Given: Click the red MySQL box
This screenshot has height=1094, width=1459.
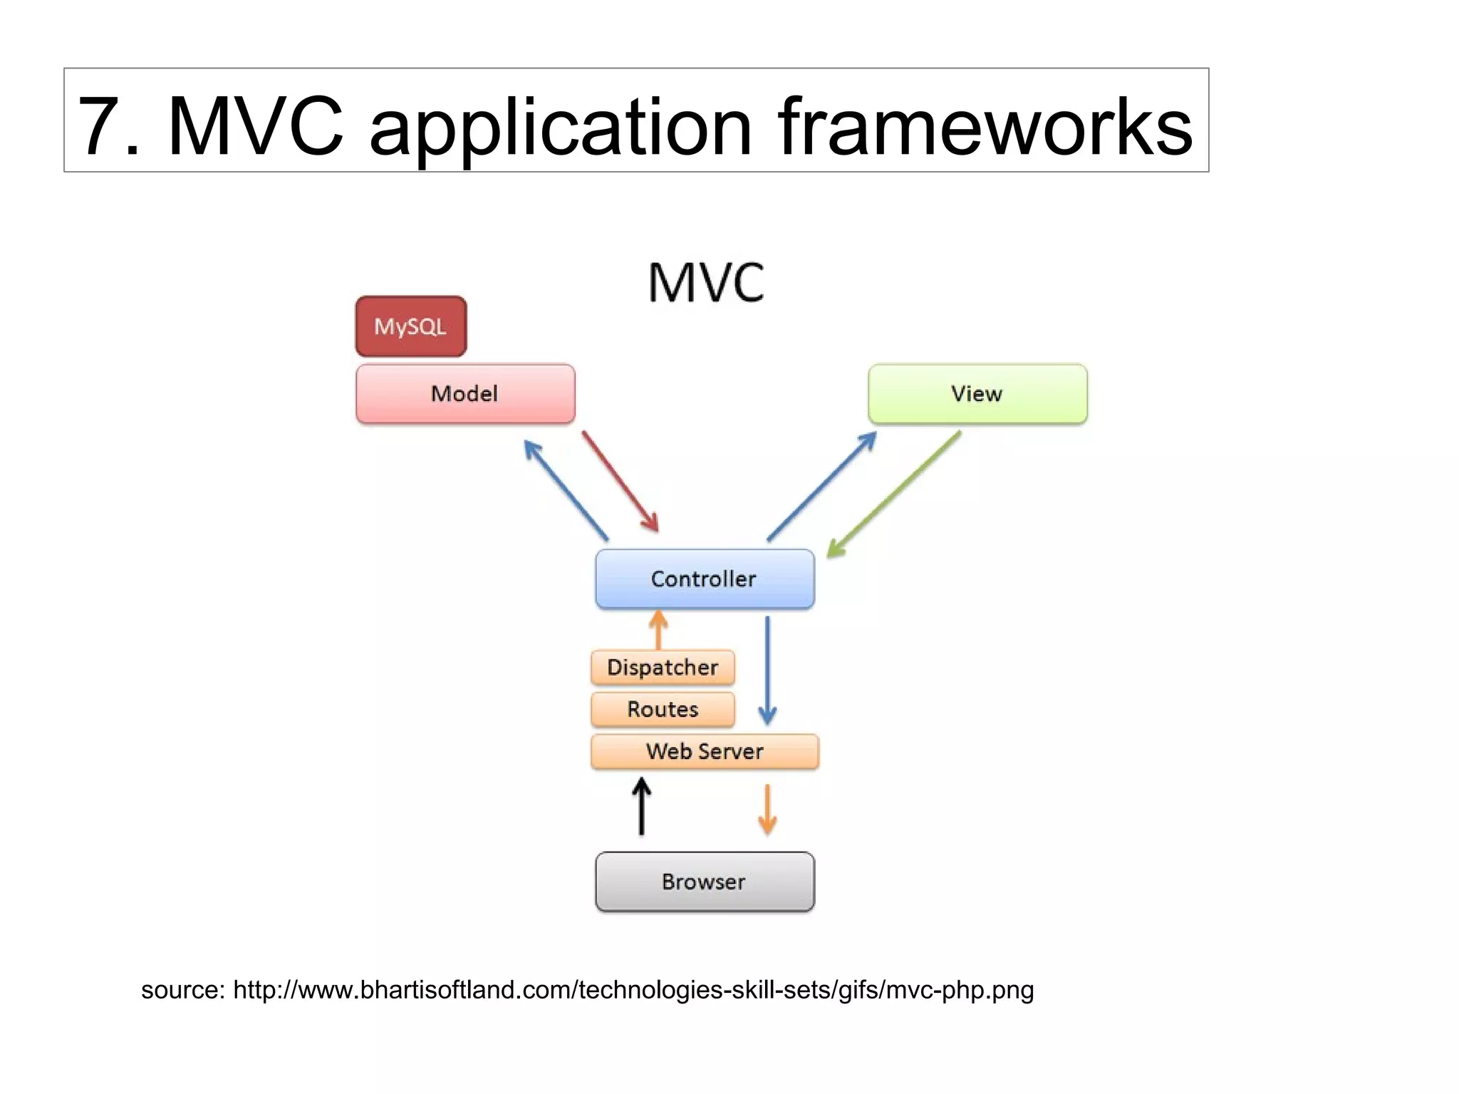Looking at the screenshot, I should click(x=411, y=326).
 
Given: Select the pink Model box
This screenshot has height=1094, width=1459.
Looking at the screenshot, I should click(x=465, y=393).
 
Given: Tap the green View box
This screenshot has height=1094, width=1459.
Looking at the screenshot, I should click(x=977, y=393).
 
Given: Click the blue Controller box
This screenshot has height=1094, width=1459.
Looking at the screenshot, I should click(x=705, y=579).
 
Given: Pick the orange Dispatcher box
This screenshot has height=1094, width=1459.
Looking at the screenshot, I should click(x=663, y=667).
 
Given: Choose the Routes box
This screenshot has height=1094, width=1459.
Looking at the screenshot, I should click(x=663, y=709).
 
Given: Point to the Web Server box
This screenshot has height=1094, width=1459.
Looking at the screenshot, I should click(x=705, y=751).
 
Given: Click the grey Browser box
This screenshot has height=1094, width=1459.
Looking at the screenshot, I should click(x=705, y=882).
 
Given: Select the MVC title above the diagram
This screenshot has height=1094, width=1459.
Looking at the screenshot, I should click(x=706, y=283).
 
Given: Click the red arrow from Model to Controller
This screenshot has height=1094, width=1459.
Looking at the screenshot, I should click(x=620, y=481).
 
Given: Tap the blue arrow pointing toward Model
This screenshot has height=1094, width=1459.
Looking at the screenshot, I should click(x=566, y=490).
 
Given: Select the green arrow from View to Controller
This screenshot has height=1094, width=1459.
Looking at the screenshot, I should click(x=893, y=494).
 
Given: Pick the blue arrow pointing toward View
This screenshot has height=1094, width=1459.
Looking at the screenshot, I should click(x=821, y=487).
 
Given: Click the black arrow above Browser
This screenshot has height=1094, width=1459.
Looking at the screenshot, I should click(x=642, y=806).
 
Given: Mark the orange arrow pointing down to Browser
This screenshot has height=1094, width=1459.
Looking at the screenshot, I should click(x=767, y=809).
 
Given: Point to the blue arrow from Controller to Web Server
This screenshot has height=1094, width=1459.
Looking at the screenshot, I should click(x=767, y=670).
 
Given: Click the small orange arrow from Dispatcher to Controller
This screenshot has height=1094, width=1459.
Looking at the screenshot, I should click(x=659, y=629).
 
